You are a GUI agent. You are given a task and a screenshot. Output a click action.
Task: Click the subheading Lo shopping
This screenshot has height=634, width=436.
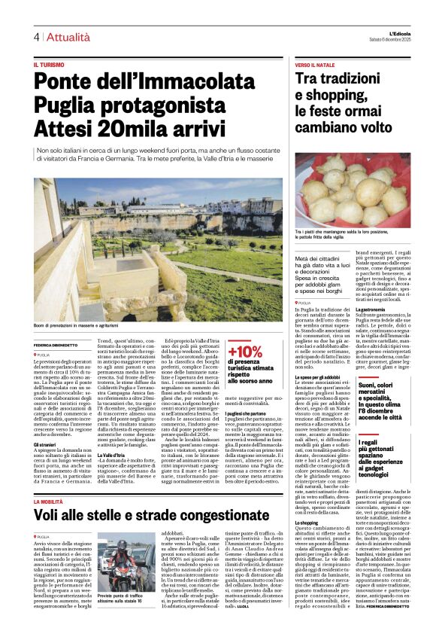pos(305,521)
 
